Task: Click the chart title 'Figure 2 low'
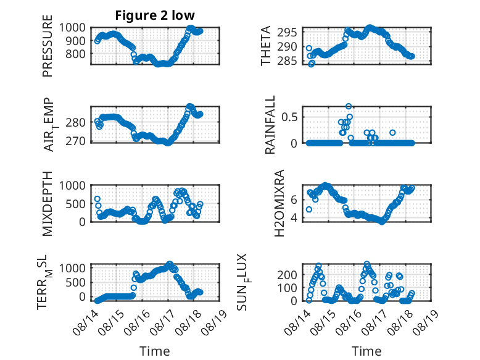(x=155, y=15)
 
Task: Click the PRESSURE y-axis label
(x=48, y=46)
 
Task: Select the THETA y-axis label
(x=266, y=46)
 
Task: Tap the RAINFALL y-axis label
(x=270, y=125)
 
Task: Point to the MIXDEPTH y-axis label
(x=48, y=204)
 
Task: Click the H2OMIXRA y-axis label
(x=279, y=203)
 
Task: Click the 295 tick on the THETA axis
(x=287, y=33)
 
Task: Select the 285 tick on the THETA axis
(x=287, y=61)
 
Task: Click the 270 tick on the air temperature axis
(x=75, y=141)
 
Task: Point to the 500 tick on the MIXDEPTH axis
(x=76, y=204)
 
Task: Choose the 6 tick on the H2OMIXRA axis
(x=294, y=200)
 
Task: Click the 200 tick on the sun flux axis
(x=287, y=275)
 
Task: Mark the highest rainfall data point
(x=349, y=106)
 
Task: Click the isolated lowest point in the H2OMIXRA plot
(x=309, y=209)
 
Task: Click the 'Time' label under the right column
(x=366, y=351)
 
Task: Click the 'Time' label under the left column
(x=155, y=351)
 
